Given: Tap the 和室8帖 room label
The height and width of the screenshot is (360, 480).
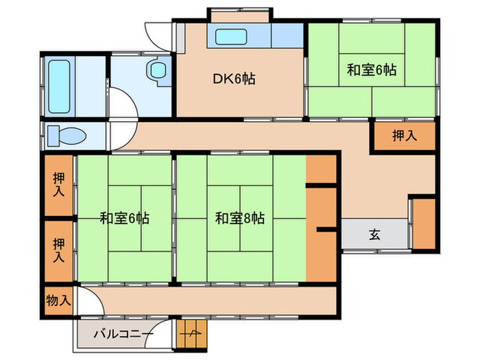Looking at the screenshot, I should coord(239,219).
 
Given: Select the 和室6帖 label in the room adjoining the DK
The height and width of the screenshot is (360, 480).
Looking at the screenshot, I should coord(371,69).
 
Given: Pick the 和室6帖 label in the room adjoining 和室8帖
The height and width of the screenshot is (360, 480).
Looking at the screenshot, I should coord(124,219).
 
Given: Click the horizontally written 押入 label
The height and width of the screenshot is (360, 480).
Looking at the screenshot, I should coord(404,136).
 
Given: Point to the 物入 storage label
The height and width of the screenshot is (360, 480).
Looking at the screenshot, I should coord(58,300).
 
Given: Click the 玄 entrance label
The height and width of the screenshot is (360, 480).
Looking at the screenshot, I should coord(375,235).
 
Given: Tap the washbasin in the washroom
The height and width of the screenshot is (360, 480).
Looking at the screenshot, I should coord(157,69).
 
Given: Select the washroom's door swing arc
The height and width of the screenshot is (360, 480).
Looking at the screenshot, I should coord(123,105).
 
